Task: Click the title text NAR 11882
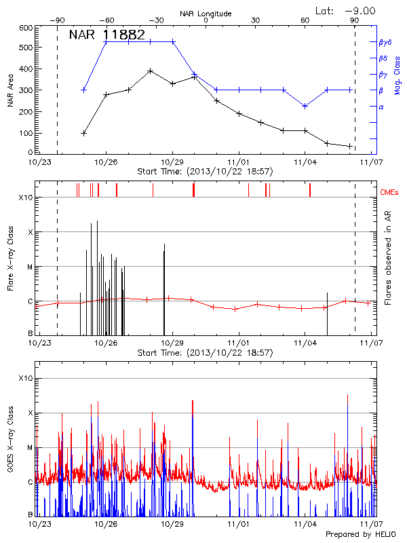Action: (107, 35)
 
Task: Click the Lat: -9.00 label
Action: (345, 10)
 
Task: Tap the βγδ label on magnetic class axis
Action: (384, 42)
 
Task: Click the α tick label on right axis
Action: (381, 107)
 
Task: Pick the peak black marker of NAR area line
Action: (150, 71)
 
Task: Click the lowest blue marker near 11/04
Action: (305, 106)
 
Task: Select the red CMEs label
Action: (390, 192)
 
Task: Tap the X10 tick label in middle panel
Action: (25, 198)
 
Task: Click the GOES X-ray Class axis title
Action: (11, 441)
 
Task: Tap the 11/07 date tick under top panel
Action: (370, 162)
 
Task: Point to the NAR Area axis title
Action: (11, 90)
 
